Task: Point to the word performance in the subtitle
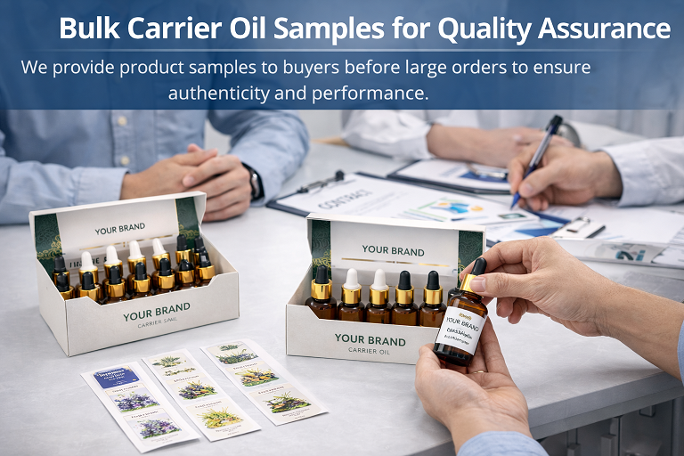(x=373, y=93)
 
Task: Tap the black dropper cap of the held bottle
(x=478, y=266)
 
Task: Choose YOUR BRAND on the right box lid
(x=393, y=250)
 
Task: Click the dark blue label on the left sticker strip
(x=117, y=379)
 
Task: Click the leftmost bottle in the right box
(x=322, y=297)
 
